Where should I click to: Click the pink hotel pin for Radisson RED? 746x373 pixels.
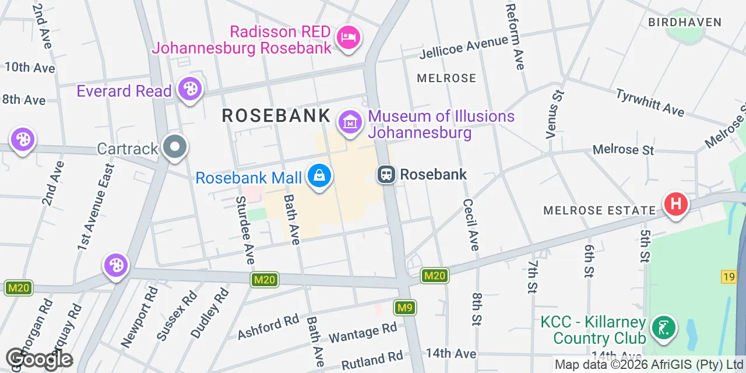349,38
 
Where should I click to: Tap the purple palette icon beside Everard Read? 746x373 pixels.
189,90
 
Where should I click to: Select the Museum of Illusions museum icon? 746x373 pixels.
350,122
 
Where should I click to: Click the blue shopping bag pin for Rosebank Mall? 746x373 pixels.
319,175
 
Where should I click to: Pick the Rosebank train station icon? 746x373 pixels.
386,174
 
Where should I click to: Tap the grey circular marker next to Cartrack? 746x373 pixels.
175,148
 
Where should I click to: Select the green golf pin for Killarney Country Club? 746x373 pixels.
663,328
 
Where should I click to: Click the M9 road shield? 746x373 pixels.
404,307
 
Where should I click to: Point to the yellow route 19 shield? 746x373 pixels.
729,277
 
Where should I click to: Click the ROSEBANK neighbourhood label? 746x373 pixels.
276,116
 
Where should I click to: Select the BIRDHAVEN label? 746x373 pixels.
685,23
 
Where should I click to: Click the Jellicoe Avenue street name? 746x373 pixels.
464,47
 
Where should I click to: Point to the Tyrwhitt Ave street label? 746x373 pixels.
650,102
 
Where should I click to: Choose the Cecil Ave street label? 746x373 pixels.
471,224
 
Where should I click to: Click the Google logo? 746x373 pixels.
40,359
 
